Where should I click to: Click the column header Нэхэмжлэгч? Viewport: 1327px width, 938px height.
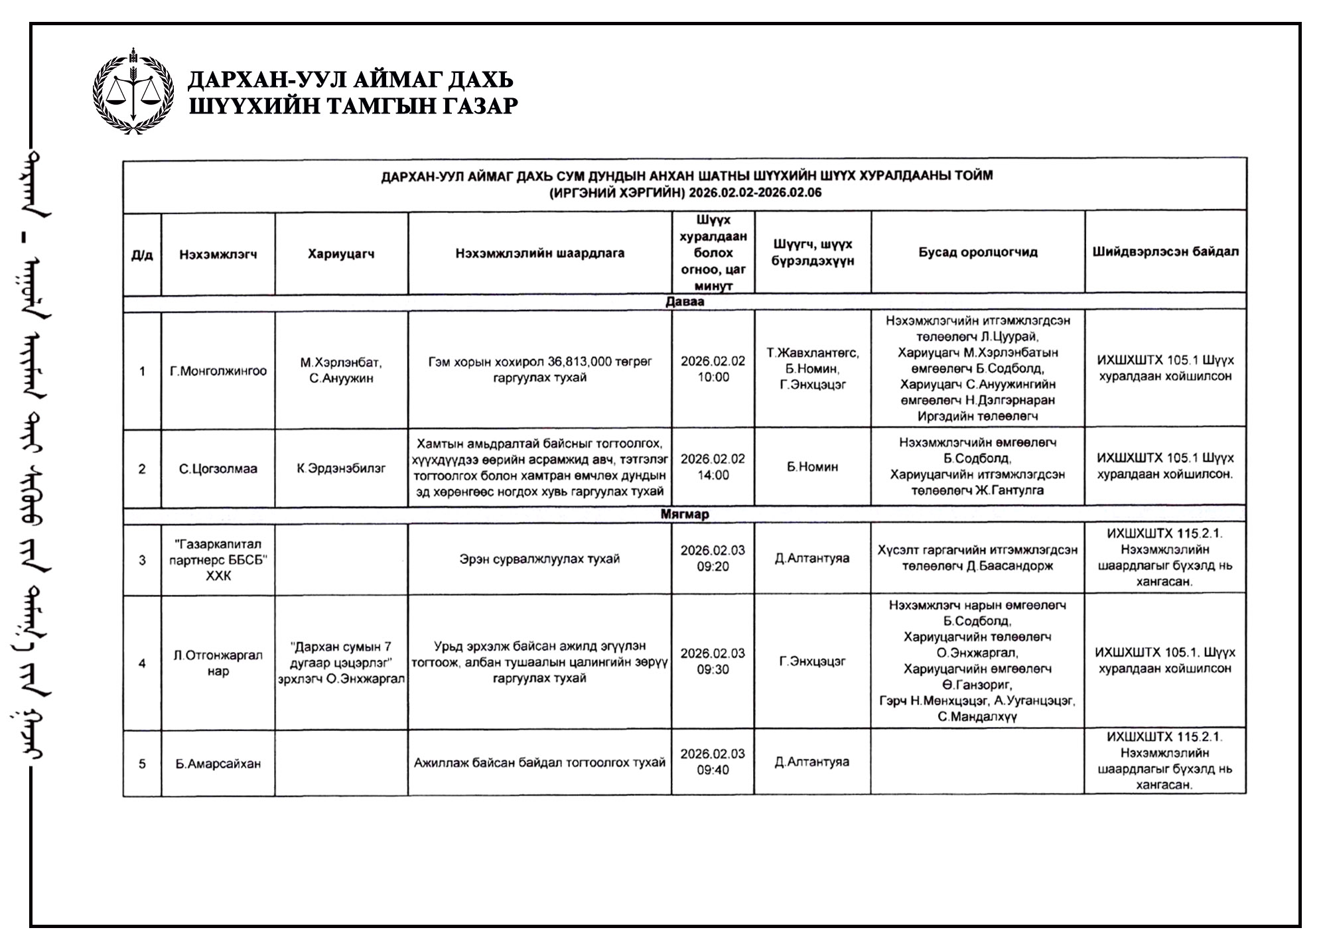coord(218,254)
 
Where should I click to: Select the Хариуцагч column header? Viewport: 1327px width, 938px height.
coord(341,254)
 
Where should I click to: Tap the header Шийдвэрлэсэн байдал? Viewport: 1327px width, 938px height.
coord(1165,252)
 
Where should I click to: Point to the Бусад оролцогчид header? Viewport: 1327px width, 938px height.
coord(977,252)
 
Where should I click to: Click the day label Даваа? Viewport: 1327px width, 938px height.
coord(685,302)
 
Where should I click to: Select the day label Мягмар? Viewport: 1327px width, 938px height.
coord(685,514)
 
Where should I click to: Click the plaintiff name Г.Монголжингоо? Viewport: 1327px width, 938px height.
coord(218,371)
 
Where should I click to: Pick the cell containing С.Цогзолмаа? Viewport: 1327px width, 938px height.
coord(218,469)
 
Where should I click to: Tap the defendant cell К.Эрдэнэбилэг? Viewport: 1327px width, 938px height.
coord(341,468)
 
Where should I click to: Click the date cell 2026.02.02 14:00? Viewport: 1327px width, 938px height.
coord(713,467)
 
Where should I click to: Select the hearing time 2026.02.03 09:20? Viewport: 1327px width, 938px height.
coord(713,559)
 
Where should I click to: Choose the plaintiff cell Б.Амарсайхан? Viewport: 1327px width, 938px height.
coord(218,764)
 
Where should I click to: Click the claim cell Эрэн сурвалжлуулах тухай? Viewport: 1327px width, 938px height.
coord(539,559)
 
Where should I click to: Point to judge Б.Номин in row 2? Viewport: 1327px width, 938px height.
coord(812,467)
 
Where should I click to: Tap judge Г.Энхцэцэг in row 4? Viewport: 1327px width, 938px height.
coord(812,661)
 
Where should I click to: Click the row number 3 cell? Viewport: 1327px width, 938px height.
coord(142,560)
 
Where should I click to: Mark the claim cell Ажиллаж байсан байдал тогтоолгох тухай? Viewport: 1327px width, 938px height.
coord(539,763)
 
